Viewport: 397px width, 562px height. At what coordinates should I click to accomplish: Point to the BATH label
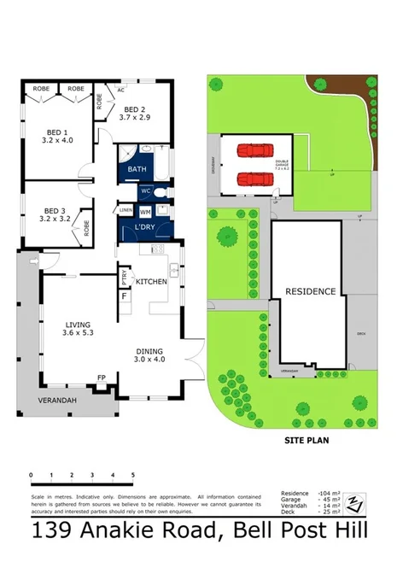(137, 170)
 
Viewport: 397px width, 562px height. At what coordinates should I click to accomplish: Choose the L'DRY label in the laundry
(143, 227)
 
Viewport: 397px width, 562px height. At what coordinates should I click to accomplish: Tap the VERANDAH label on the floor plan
(60, 399)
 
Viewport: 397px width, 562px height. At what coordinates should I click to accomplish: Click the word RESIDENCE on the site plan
(310, 291)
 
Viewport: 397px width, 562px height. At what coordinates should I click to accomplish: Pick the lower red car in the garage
(253, 179)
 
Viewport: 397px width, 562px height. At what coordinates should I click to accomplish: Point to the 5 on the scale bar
(132, 474)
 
